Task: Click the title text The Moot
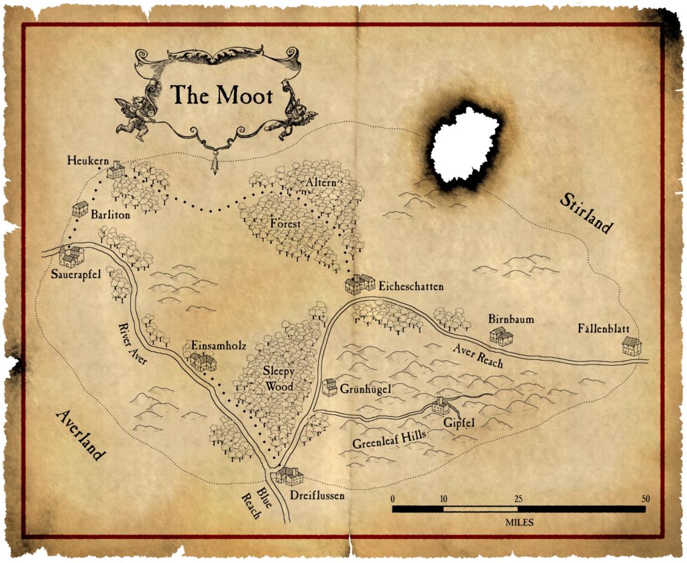pyautogui.click(x=221, y=95)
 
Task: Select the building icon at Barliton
pyautogui.click(x=80, y=208)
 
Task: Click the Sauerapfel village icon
pyautogui.click(x=71, y=256)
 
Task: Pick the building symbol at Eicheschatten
pyautogui.click(x=360, y=284)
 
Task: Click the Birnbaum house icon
pyautogui.click(x=500, y=336)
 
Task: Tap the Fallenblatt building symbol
pyautogui.click(x=631, y=346)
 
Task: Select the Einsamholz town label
pyautogui.click(x=219, y=345)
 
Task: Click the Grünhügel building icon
pyautogui.click(x=329, y=387)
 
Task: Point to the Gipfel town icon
pyautogui.click(x=440, y=405)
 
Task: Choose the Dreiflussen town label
pyautogui.click(x=317, y=496)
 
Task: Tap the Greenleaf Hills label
pyautogui.click(x=391, y=440)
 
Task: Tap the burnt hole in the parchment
pyautogui.click(x=464, y=144)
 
